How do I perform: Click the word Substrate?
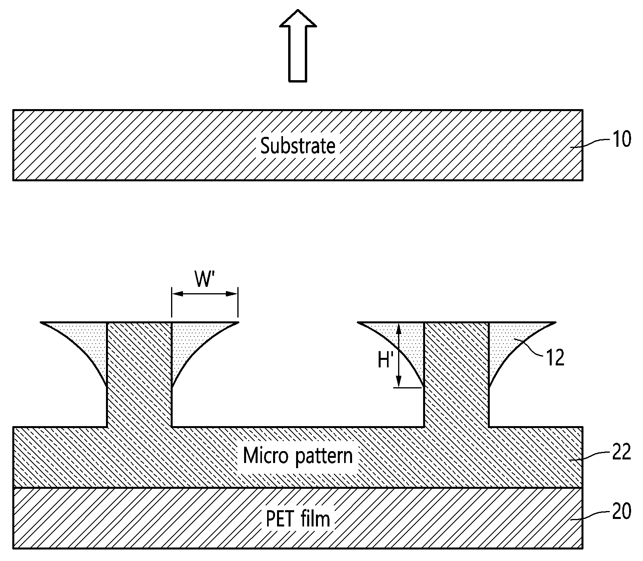point(298,146)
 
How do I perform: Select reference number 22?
point(622,452)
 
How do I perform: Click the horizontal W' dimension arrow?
point(205,294)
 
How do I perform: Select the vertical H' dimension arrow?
point(399,355)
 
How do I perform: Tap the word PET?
point(279,519)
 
